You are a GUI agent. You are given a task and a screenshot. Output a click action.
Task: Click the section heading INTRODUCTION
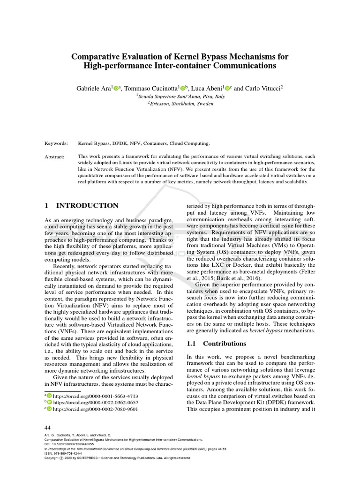[87, 205]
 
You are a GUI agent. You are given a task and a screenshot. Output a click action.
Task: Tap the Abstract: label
[55, 156]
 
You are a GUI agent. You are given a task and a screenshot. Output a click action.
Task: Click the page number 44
[47, 427]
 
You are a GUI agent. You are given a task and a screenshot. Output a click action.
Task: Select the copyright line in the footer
[117, 457]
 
